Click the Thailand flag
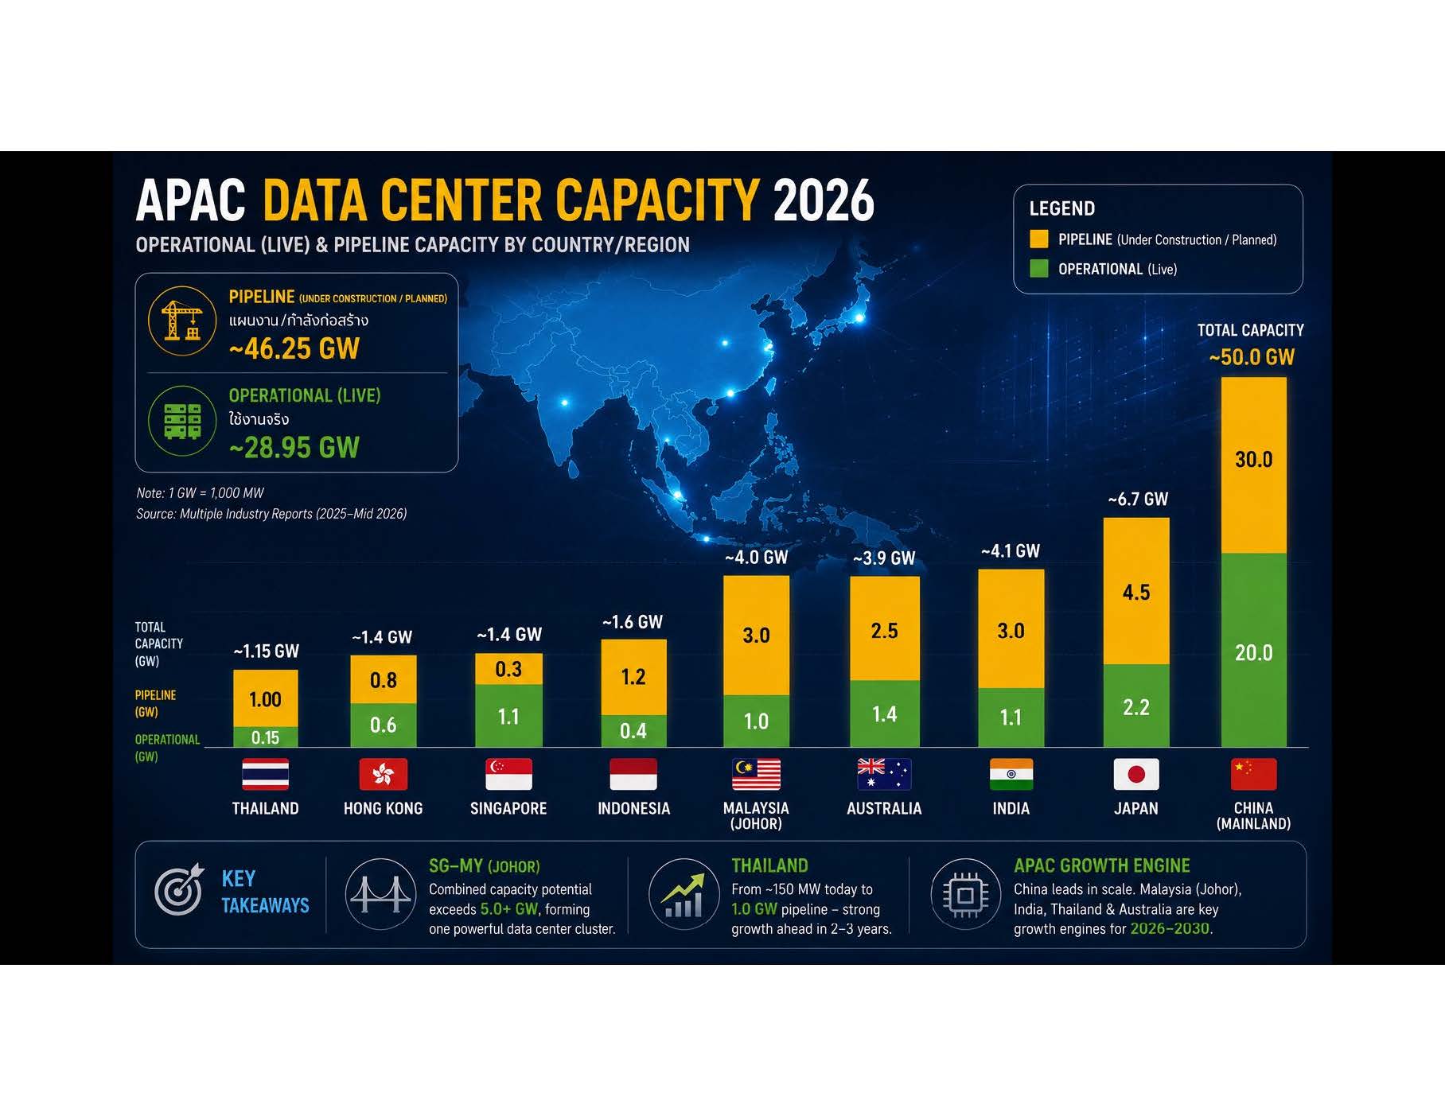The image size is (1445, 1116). tap(265, 774)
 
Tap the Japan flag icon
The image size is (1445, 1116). tap(1136, 774)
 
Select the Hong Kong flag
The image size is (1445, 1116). tap(384, 774)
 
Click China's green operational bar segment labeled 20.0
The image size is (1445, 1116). tap(1254, 650)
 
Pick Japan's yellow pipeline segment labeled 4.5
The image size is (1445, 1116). tap(1136, 591)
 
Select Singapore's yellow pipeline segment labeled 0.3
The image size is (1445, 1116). tap(508, 669)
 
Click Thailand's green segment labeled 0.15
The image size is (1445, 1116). tap(266, 737)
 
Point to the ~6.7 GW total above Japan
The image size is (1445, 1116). tap(1138, 499)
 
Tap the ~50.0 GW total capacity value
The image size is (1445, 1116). tap(1252, 357)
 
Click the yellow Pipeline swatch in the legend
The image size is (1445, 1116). tap(1039, 239)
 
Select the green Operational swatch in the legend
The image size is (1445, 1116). tap(1039, 269)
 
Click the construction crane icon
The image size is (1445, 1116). tap(182, 321)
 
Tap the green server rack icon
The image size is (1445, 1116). tap(182, 421)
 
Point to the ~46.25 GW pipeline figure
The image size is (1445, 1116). tap(294, 348)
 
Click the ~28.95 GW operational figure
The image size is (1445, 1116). tap(294, 448)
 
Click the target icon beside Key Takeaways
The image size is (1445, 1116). tap(179, 890)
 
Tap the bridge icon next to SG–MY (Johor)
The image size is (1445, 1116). tap(381, 894)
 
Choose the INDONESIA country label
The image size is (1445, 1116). tap(634, 808)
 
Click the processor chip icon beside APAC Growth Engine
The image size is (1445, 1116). tap(966, 895)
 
